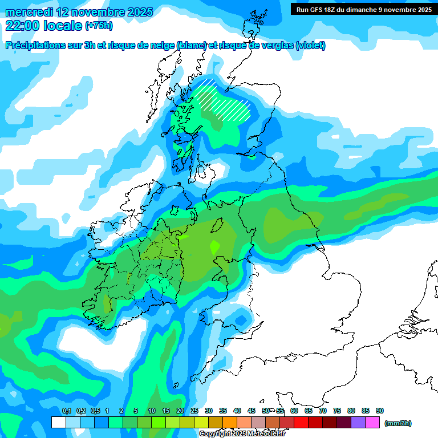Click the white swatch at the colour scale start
58,423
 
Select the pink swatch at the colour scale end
372,423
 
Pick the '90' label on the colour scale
380,411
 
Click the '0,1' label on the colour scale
66,411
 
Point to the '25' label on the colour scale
194,411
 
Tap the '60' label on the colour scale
294,411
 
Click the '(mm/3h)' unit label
398,423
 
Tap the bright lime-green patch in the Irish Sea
214,247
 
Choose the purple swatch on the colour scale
358,423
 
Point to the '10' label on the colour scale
152,411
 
